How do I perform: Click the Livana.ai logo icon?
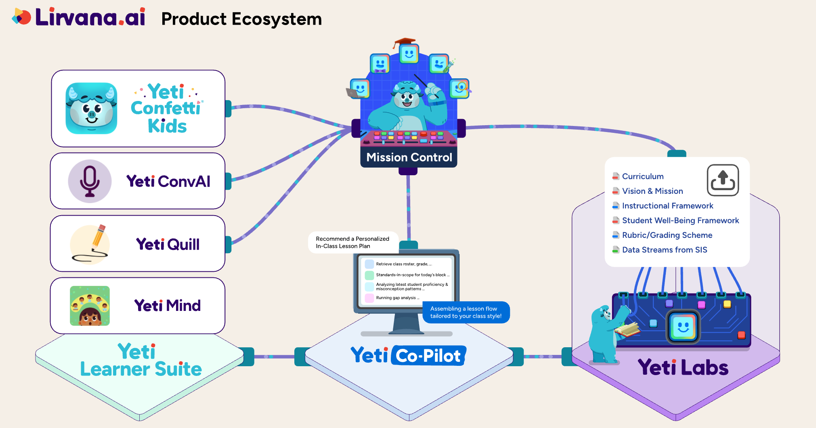pos(21,17)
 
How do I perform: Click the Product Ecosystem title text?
pos(241,19)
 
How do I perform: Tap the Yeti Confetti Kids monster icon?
pos(92,108)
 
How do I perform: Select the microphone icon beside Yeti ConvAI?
pos(90,181)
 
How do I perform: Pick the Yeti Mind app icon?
pos(90,306)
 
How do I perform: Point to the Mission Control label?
pos(409,157)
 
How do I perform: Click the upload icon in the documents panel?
pos(722,180)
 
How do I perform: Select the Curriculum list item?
pos(642,176)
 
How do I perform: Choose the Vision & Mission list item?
pos(652,191)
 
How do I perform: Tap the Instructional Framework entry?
pos(667,206)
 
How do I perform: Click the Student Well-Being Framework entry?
pos(680,220)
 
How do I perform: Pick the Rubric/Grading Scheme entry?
pos(667,235)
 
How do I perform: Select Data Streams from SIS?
pos(664,250)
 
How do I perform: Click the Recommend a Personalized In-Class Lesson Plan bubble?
pos(352,242)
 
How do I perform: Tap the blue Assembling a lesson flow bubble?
pos(466,312)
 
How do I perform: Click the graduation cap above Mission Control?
pos(404,42)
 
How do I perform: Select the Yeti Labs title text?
pos(683,367)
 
